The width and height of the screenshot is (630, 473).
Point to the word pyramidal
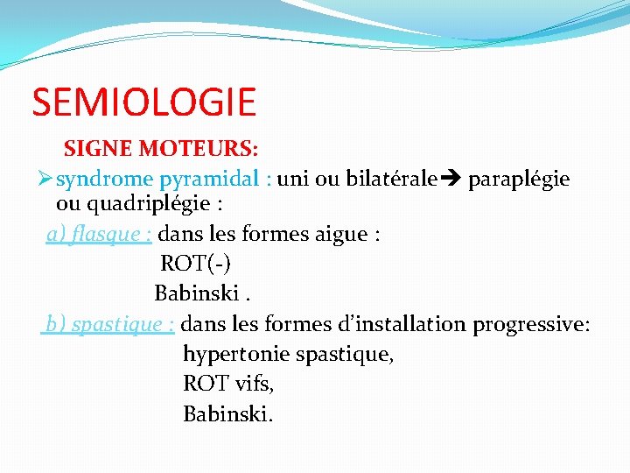point(213,180)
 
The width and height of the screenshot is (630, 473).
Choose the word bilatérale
point(390,180)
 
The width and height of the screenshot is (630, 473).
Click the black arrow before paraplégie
point(451,180)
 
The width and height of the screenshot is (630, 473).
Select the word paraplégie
point(519,180)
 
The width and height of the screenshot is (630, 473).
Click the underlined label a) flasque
point(100,235)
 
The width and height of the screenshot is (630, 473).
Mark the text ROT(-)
point(196,264)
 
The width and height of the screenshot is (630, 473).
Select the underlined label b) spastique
point(110,324)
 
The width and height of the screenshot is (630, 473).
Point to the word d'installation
point(402,324)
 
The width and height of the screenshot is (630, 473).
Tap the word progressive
point(530,324)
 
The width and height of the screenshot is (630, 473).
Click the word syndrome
point(104,180)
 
